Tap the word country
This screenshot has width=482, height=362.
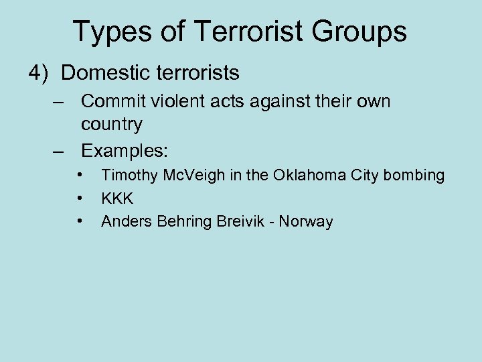click(x=112, y=124)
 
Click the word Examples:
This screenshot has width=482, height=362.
click(x=125, y=151)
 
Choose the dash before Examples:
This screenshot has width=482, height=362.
click(x=61, y=151)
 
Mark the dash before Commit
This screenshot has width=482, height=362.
click(x=61, y=102)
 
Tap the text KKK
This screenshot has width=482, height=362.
click(x=117, y=198)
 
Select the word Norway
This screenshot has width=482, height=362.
click(x=307, y=221)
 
